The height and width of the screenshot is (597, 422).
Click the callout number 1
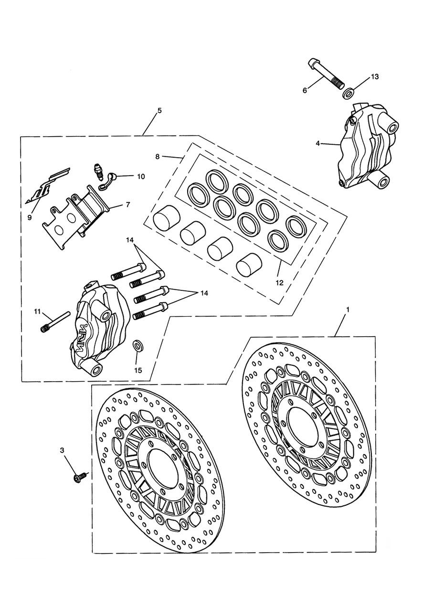tap(348, 310)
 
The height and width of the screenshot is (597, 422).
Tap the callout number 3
tap(62, 450)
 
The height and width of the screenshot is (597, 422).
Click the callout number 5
tap(159, 110)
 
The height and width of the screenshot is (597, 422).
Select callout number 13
tap(374, 77)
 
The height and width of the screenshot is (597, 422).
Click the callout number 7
tap(127, 205)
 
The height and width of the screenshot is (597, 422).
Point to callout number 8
tap(158, 156)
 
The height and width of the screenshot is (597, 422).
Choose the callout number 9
tap(29, 217)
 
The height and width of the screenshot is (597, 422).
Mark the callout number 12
tap(279, 282)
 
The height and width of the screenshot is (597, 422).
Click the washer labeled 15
tap(137, 345)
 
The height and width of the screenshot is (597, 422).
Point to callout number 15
tap(138, 370)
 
